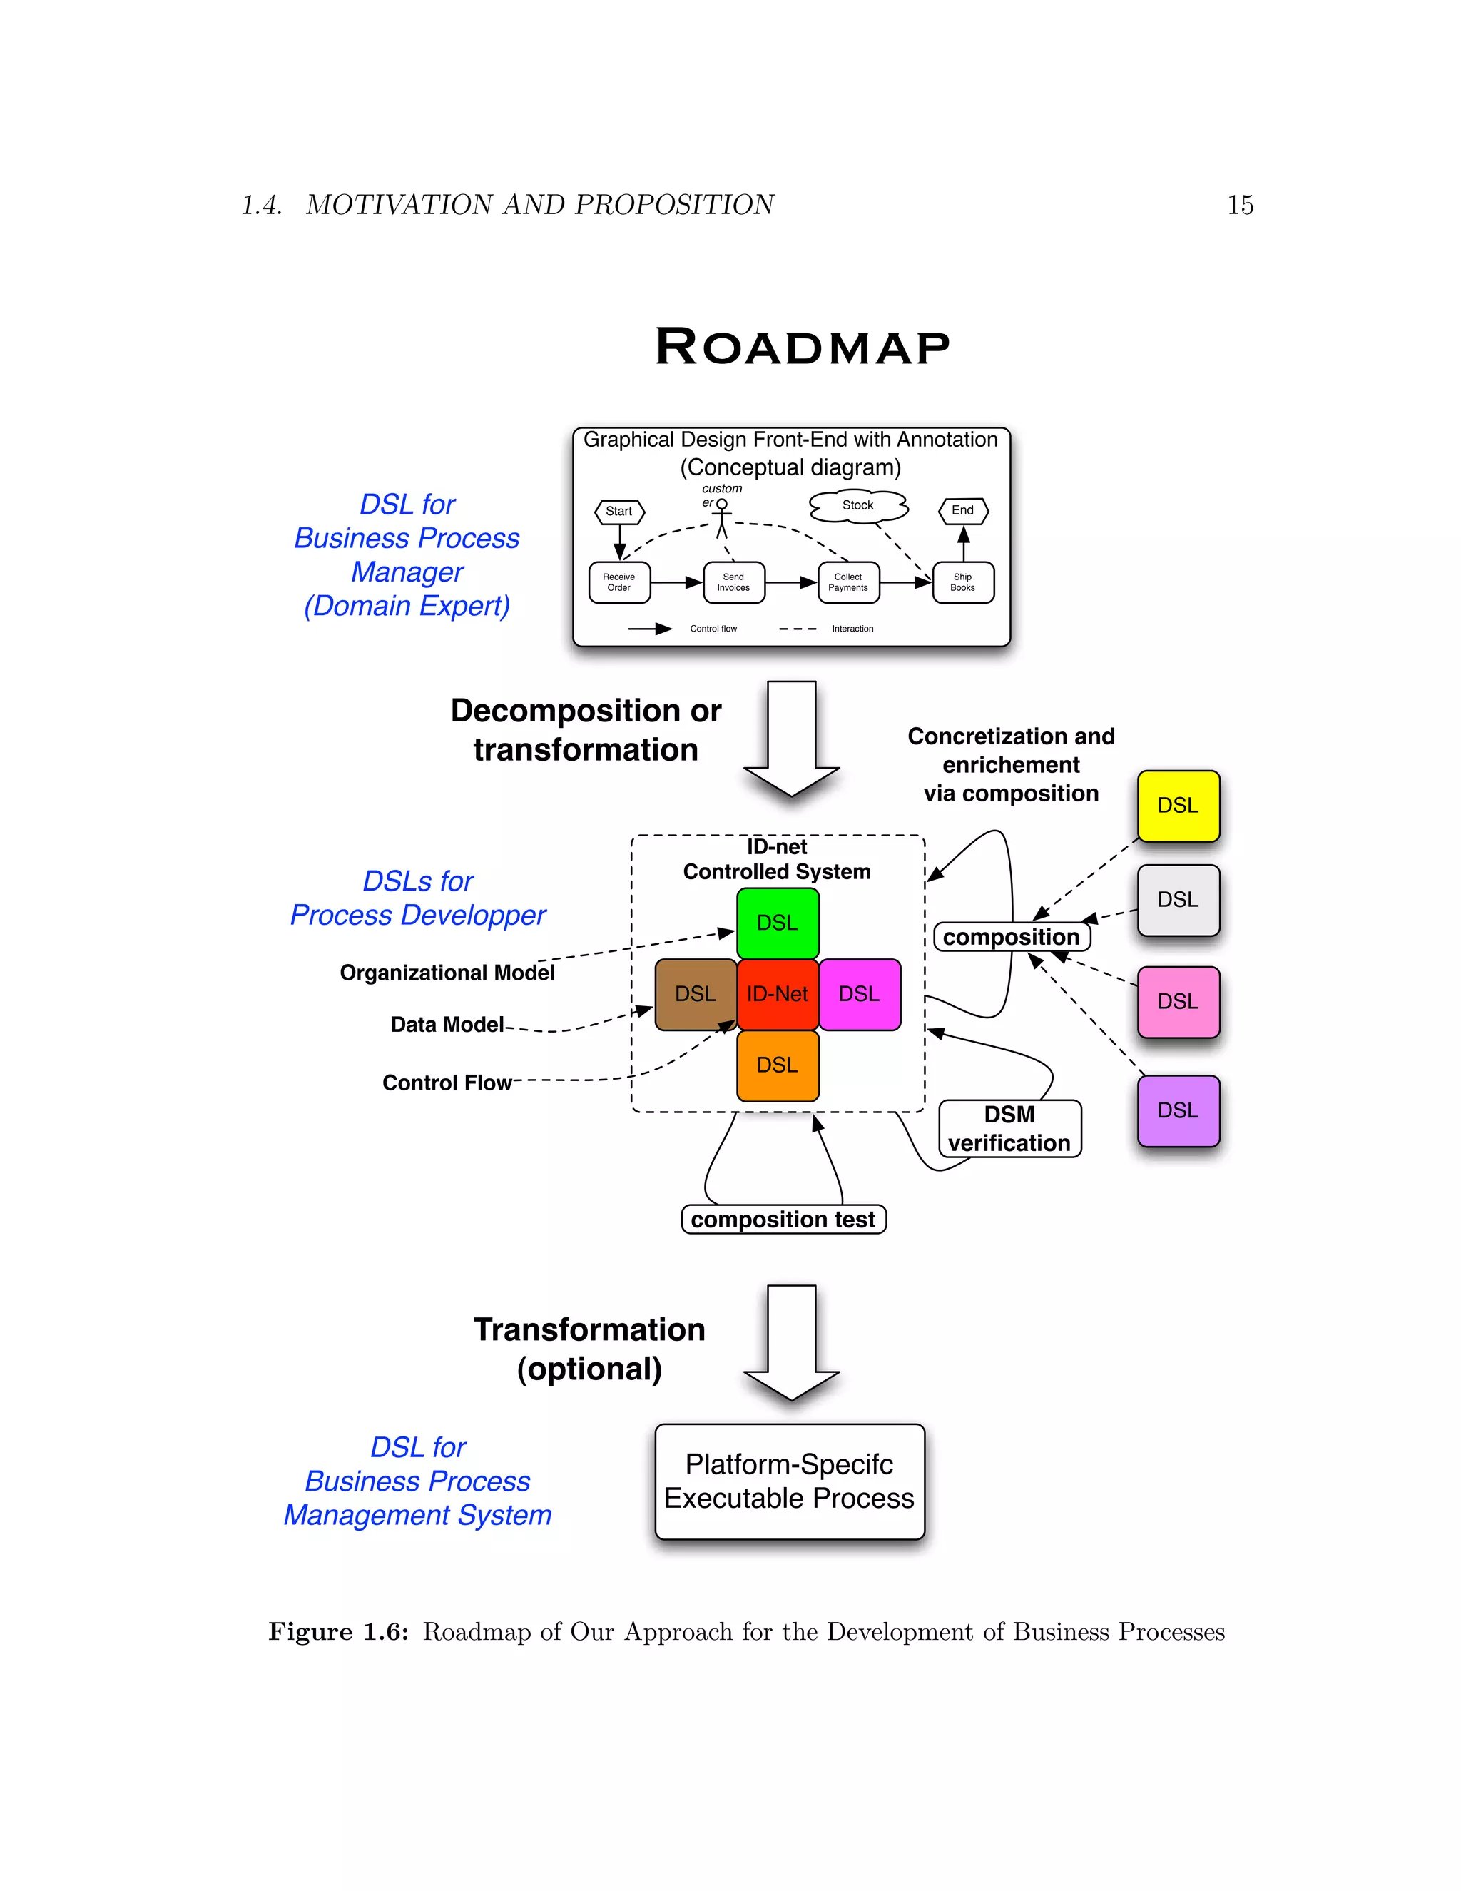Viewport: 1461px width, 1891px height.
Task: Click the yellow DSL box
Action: [1178, 805]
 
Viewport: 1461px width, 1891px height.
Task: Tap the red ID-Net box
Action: [778, 994]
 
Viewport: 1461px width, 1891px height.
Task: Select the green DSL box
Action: [778, 923]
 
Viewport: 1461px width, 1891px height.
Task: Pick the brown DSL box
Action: [696, 994]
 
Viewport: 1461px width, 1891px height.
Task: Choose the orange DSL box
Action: [778, 1065]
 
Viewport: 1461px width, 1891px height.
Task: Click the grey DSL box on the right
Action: [1178, 900]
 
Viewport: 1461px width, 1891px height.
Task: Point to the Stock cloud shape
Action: [857, 506]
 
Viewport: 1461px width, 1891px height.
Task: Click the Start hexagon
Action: [618, 512]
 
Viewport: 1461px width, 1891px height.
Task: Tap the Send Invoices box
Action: [733, 582]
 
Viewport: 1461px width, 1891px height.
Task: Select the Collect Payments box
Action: [848, 582]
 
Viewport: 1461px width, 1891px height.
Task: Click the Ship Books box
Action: [962, 582]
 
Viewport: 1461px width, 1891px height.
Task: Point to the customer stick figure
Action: [722, 518]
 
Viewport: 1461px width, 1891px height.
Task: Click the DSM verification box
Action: [1009, 1128]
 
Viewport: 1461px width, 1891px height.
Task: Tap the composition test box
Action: [783, 1219]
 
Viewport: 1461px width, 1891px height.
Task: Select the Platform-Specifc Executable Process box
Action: [790, 1481]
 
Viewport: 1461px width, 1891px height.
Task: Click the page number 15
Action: [1239, 206]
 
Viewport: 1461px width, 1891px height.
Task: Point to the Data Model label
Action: [447, 1024]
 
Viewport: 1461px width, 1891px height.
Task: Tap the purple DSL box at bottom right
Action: [1178, 1111]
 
